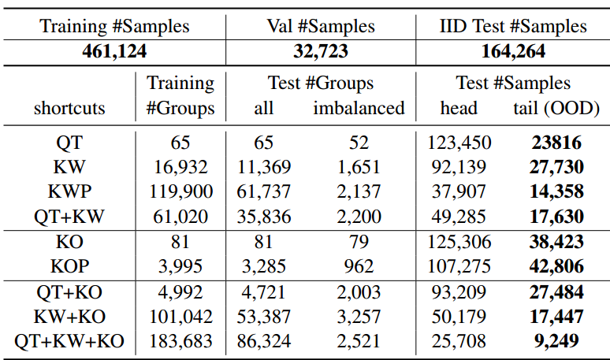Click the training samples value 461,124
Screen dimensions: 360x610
(x=114, y=52)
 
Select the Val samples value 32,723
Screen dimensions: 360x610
(x=321, y=52)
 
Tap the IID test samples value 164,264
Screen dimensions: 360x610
(x=513, y=52)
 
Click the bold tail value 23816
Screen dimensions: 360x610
(x=556, y=143)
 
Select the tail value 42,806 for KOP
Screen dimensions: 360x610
(x=556, y=265)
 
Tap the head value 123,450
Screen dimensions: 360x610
(x=459, y=143)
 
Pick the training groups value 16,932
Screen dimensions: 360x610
(x=180, y=167)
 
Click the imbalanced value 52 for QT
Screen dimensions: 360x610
(x=358, y=143)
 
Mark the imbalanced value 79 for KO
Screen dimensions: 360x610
(x=358, y=242)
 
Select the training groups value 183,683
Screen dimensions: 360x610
(x=180, y=341)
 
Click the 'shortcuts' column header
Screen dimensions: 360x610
(x=69, y=108)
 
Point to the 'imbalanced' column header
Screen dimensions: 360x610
(x=359, y=108)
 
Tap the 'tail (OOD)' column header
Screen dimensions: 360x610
(x=556, y=108)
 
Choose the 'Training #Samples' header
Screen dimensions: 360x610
(x=114, y=26)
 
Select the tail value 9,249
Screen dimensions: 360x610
(x=556, y=341)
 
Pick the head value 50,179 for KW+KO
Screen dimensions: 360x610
(x=459, y=317)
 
